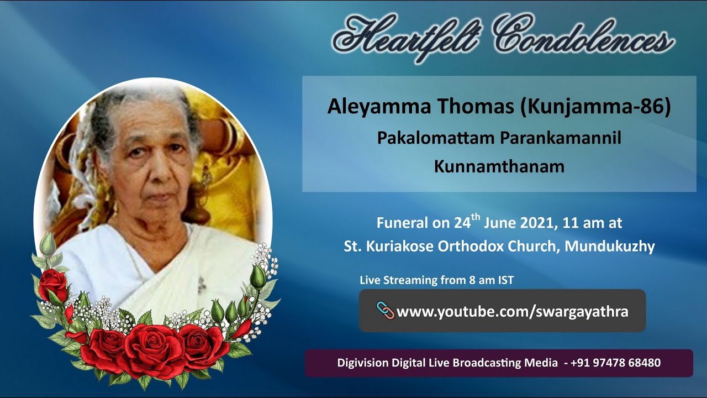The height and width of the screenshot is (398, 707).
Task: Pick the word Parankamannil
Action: click(x=561, y=138)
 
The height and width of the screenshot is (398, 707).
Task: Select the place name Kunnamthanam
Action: click(x=499, y=166)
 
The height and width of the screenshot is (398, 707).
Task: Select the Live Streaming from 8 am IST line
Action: click(x=436, y=280)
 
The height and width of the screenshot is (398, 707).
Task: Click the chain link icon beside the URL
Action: click(x=385, y=310)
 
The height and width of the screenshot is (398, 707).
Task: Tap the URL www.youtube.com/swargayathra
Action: click(x=512, y=312)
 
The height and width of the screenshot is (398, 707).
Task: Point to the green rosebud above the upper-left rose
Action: click(x=49, y=243)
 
